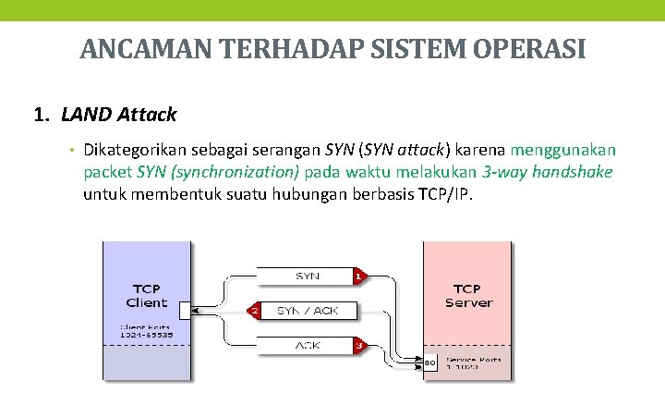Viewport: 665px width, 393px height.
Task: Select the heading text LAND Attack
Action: pyautogui.click(x=118, y=116)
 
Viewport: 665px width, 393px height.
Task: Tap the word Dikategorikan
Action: pyautogui.click(x=139, y=150)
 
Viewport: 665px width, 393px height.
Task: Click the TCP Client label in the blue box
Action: pyautogui.click(x=147, y=296)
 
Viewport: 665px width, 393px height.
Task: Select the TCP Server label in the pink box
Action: pyautogui.click(x=468, y=296)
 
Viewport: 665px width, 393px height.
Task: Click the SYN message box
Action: pyautogui.click(x=307, y=276)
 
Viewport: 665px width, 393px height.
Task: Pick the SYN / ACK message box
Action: pyautogui.click(x=307, y=311)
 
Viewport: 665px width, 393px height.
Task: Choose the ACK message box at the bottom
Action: pyautogui.click(x=307, y=345)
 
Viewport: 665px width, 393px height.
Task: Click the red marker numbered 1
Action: pyautogui.click(x=357, y=276)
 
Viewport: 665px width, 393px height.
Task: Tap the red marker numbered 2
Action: pyautogui.click(x=254, y=311)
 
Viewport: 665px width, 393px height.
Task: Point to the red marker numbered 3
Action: pyautogui.click(x=357, y=345)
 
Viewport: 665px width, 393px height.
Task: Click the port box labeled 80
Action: pyautogui.click(x=430, y=361)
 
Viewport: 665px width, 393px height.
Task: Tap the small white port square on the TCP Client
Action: pyautogui.click(x=185, y=311)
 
